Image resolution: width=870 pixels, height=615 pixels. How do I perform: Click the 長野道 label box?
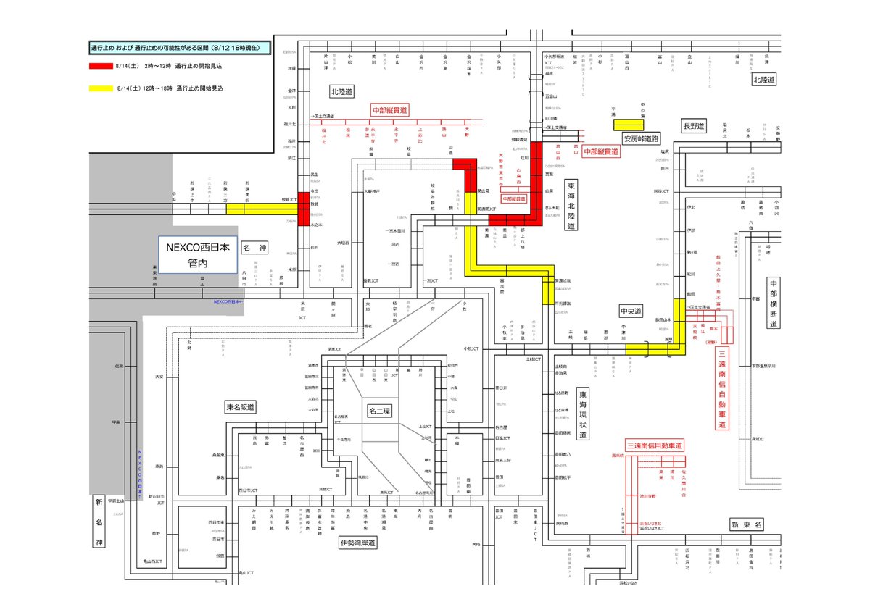(x=694, y=127)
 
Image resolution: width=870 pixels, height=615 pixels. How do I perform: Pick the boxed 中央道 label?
(x=631, y=311)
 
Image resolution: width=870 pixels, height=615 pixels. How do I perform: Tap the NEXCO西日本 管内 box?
(x=198, y=254)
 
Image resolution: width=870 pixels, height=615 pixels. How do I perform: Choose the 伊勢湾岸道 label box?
(x=357, y=542)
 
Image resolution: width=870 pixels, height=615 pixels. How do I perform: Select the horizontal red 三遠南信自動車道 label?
(x=655, y=445)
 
